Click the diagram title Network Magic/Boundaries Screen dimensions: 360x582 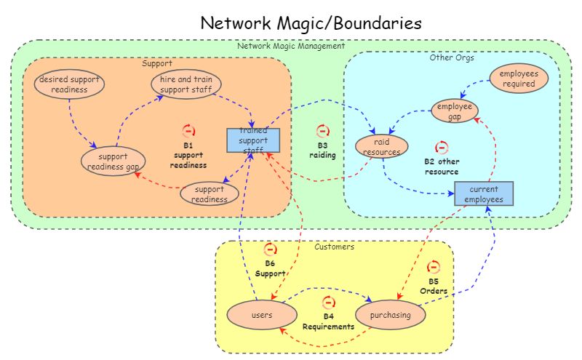click(x=311, y=23)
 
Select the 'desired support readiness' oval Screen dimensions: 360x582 click(x=69, y=84)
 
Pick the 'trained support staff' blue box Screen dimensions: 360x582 click(x=253, y=140)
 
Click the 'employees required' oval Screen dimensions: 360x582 click(x=519, y=79)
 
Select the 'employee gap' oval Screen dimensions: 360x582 click(x=455, y=111)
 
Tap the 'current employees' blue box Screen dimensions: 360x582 click(x=484, y=194)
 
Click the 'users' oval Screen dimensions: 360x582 click(x=261, y=315)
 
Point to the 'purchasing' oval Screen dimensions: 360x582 click(x=390, y=315)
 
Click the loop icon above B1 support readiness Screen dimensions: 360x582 click(x=188, y=131)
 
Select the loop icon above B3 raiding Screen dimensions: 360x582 click(x=323, y=131)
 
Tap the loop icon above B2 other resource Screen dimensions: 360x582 click(x=442, y=148)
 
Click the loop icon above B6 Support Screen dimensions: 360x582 click(x=270, y=249)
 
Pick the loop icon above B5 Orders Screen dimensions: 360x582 click(x=434, y=268)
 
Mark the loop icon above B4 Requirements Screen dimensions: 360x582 click(x=328, y=303)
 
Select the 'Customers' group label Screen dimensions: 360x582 click(x=334, y=247)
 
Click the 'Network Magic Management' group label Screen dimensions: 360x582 click(x=291, y=46)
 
